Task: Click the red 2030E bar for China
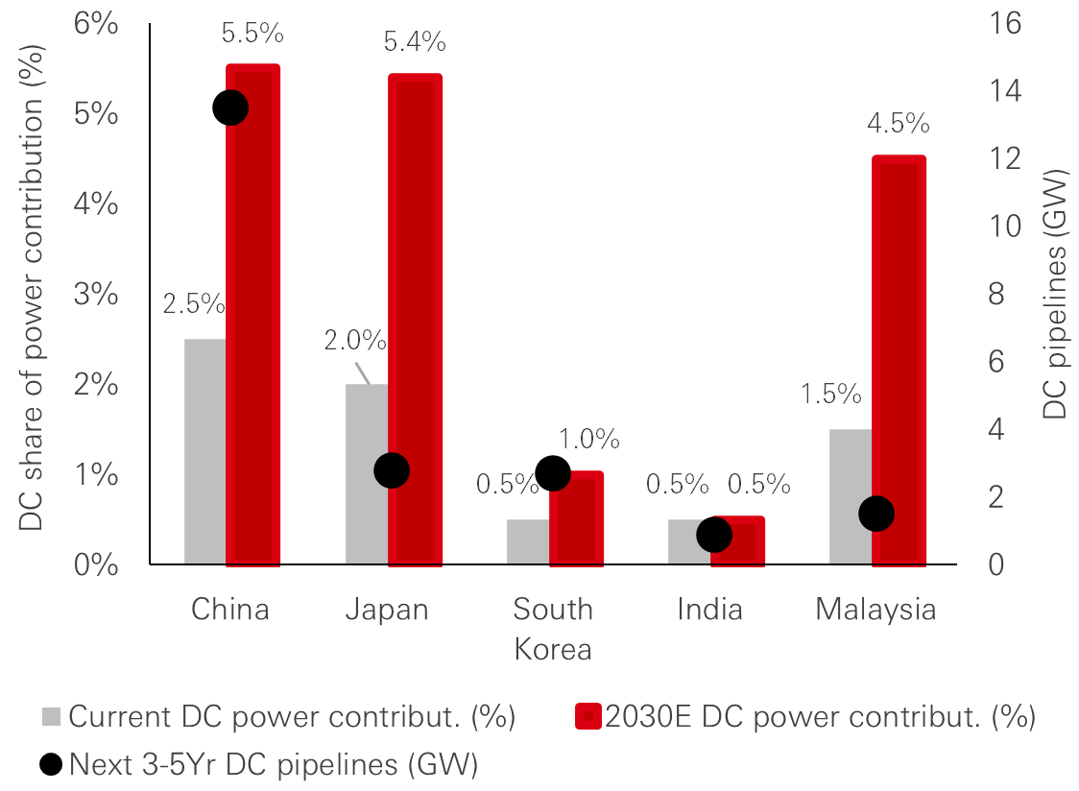click(x=253, y=317)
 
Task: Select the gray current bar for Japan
click(x=366, y=474)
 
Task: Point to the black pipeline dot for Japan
click(x=392, y=470)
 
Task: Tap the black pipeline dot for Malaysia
click(x=876, y=515)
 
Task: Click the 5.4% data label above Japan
click(x=415, y=42)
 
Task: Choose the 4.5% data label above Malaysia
click(x=899, y=124)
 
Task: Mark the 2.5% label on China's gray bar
click(x=193, y=304)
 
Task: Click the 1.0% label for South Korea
click(x=588, y=440)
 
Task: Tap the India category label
click(x=709, y=610)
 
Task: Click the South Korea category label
click(x=553, y=629)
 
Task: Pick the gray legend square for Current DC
click(x=52, y=717)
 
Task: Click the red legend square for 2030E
click(x=587, y=717)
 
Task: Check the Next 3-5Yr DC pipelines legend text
click(x=274, y=764)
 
